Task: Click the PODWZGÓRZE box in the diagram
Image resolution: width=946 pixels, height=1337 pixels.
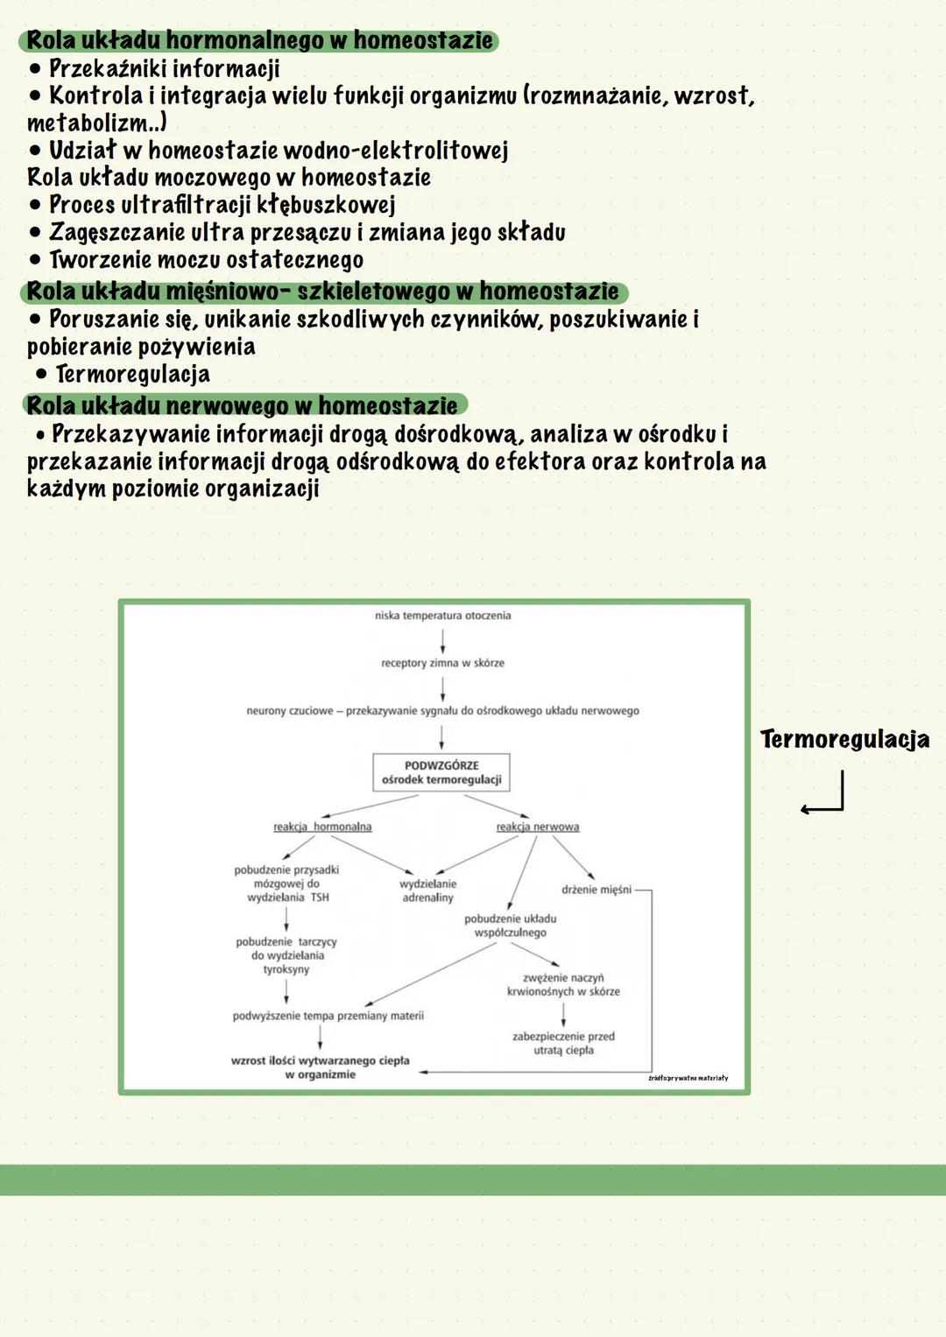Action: click(441, 772)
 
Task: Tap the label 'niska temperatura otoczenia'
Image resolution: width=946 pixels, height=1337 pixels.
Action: click(442, 616)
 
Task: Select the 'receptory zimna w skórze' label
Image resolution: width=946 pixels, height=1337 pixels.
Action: click(442, 663)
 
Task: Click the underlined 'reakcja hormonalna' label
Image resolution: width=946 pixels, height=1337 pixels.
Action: click(322, 827)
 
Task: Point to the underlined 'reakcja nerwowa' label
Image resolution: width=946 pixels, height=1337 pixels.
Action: click(537, 827)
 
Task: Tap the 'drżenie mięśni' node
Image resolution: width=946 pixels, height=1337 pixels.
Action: click(596, 890)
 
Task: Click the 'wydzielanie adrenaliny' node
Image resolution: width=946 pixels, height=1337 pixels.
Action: click(427, 890)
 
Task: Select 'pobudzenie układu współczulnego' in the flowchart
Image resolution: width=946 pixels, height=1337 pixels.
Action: click(510, 925)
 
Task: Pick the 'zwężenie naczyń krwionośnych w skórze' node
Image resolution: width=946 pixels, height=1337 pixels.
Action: click(563, 984)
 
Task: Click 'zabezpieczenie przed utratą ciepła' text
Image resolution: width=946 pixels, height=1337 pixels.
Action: click(563, 1043)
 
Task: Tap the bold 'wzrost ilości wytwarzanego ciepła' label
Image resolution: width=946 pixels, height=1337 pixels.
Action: click(321, 1067)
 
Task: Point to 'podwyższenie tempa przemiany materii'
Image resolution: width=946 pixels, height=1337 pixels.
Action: click(328, 1016)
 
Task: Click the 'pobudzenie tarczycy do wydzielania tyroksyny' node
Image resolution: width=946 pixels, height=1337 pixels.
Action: click(286, 955)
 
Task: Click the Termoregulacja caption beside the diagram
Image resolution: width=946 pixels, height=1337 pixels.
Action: click(844, 739)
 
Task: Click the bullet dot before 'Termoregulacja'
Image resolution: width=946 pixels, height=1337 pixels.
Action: click(41, 375)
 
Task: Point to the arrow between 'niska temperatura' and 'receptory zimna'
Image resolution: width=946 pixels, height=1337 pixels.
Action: click(442, 640)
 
